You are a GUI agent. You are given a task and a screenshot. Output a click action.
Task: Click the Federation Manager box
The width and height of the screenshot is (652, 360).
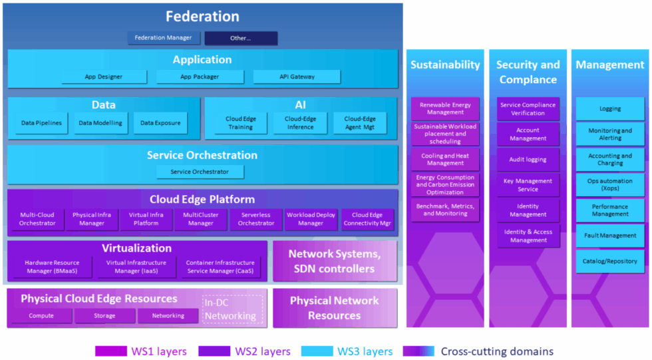click(164, 38)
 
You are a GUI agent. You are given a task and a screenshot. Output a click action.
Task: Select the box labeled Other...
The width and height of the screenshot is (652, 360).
click(241, 38)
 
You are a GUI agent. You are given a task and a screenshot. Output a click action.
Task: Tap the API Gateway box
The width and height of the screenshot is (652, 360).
click(297, 77)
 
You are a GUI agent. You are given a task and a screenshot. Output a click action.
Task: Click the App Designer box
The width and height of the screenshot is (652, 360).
click(104, 77)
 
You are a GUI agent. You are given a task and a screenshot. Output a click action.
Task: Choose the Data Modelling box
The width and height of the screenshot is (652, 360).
click(100, 123)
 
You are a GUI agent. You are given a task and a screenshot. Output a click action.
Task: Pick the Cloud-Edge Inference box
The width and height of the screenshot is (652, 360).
click(300, 123)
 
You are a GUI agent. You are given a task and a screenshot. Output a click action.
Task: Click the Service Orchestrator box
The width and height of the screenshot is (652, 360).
click(200, 172)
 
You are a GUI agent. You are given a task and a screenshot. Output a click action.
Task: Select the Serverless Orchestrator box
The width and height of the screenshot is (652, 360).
click(256, 219)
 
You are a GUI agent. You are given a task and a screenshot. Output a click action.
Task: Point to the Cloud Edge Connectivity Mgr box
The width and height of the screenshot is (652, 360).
click(367, 219)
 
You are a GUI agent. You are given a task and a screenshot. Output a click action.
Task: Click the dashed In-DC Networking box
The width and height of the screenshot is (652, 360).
click(233, 309)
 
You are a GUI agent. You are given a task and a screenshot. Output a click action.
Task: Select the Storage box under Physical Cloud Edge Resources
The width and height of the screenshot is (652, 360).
click(104, 315)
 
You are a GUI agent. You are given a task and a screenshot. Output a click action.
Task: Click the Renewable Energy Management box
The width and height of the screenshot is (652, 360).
click(445, 109)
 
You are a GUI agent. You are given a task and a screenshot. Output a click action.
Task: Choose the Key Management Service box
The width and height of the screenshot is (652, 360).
click(528, 185)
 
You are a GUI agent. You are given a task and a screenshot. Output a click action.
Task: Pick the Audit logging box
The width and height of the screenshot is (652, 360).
click(528, 160)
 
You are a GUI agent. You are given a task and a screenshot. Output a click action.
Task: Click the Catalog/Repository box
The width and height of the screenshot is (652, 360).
click(609, 262)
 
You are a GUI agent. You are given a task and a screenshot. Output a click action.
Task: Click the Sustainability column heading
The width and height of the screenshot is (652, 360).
click(445, 65)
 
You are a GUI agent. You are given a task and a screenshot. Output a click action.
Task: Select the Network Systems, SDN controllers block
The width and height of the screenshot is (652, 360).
click(335, 261)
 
